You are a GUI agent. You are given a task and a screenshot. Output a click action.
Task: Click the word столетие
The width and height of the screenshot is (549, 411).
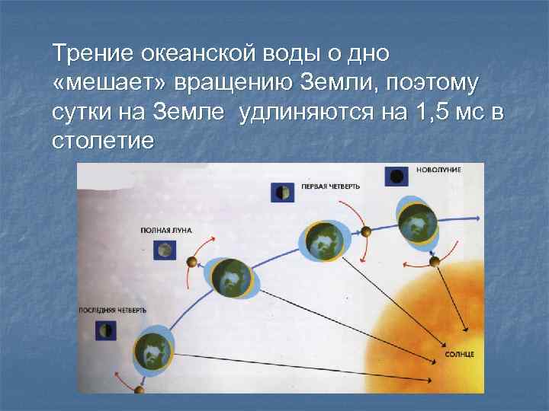102,142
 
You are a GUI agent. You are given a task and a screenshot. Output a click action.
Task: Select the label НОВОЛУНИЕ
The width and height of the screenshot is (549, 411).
438,169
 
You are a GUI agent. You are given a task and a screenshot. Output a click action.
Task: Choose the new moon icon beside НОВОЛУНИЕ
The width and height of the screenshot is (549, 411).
396,177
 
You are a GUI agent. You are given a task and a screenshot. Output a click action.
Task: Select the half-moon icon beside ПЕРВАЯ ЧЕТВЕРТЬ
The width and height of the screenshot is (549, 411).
281,193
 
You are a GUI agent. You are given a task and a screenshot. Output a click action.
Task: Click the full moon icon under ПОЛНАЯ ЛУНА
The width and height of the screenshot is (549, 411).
164,249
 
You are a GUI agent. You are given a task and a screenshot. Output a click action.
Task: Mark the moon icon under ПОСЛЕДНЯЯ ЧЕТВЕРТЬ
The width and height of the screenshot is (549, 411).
105,330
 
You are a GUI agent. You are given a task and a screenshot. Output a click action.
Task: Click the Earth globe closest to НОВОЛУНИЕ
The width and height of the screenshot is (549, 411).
417,224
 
